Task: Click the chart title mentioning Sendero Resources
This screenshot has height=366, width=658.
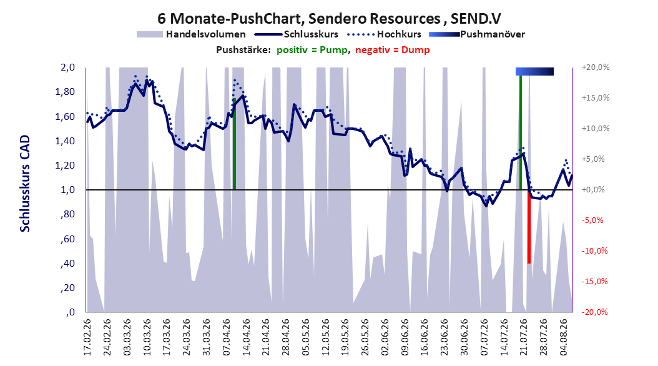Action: (329, 19)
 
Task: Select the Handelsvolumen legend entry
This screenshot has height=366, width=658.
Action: (192, 34)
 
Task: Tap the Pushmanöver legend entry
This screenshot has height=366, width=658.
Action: (477, 34)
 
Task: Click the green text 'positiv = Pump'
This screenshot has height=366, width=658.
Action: (312, 50)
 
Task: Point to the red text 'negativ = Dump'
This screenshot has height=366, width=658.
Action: (393, 50)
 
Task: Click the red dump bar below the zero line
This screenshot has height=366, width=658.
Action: (529, 227)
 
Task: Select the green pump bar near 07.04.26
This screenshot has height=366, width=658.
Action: (234, 144)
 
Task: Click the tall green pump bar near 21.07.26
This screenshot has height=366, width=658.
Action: (521, 132)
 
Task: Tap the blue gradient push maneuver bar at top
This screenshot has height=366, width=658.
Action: (534, 71)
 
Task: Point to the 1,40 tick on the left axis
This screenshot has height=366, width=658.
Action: (65, 141)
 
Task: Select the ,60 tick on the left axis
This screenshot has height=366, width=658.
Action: (69, 239)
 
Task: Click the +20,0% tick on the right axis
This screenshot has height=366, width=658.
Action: (596, 67)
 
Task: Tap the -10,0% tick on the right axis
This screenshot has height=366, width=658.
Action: (594, 251)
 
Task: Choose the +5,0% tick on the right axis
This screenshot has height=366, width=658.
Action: (593, 159)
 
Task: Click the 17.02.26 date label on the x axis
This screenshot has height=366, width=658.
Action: (87, 337)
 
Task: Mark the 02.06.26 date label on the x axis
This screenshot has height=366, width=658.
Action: (385, 337)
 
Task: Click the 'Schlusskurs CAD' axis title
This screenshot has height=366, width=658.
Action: (25, 184)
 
